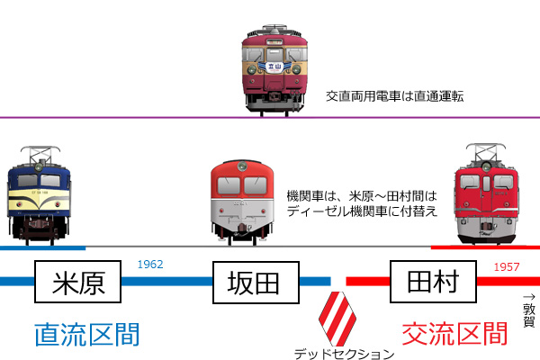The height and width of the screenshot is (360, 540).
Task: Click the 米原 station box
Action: [77, 282]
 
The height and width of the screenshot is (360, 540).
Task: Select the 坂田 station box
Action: [256, 283]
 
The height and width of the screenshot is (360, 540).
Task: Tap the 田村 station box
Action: [433, 282]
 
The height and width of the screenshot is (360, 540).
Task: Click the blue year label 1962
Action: [150, 265]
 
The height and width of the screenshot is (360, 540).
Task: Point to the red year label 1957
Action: [506, 266]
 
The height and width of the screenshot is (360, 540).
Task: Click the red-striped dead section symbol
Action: [337, 319]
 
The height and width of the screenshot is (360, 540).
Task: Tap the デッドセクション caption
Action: [344, 354]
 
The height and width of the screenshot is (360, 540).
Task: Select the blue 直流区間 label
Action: [87, 334]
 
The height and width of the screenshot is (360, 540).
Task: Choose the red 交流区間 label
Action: [454, 334]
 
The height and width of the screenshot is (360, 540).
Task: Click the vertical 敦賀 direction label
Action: [529, 315]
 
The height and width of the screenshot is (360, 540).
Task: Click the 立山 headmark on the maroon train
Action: [274, 67]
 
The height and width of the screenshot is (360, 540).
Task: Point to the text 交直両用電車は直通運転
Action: [395, 96]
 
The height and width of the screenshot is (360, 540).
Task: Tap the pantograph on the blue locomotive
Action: [40, 154]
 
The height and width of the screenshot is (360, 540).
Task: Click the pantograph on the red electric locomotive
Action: [486, 152]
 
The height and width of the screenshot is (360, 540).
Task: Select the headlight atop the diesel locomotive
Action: [242, 166]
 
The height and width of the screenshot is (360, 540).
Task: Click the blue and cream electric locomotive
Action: [39, 195]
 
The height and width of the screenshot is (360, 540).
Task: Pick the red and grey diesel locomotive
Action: [242, 202]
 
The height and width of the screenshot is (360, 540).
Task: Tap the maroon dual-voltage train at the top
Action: [274, 70]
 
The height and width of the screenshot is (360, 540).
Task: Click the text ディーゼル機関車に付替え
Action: [362, 211]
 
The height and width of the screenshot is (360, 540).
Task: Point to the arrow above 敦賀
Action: [529, 297]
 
